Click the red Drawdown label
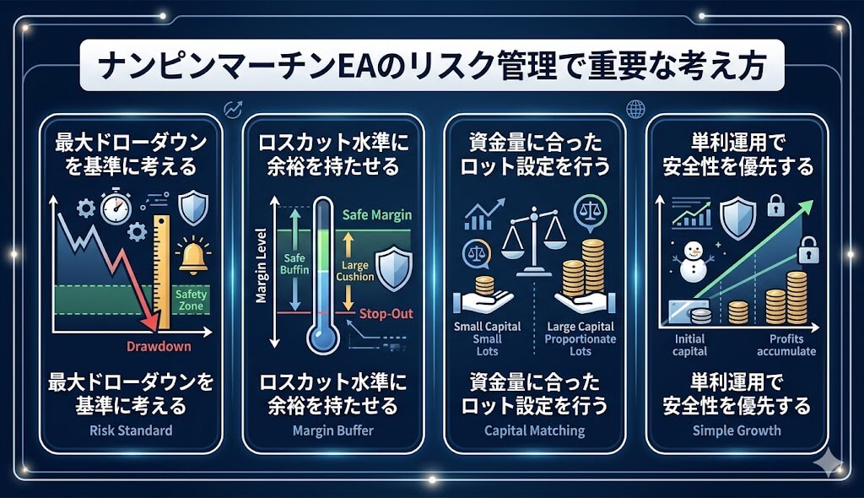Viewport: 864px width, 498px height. click(x=159, y=346)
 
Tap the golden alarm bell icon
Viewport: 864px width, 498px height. click(x=193, y=257)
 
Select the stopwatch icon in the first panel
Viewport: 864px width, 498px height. click(x=116, y=206)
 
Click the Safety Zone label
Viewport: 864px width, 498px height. click(x=191, y=300)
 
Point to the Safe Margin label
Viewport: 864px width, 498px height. click(x=377, y=214)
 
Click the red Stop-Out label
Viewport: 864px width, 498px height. click(x=386, y=314)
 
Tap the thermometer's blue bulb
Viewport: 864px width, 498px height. click(x=323, y=338)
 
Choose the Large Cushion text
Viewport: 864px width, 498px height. click(x=355, y=271)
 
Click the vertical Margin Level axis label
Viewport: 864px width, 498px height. click(x=262, y=265)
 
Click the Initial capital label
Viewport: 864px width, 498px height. click(x=690, y=345)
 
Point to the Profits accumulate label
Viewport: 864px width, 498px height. click(x=786, y=345)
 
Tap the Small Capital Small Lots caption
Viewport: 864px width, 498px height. click(x=487, y=338)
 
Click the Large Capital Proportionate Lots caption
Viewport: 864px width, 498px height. click(x=580, y=338)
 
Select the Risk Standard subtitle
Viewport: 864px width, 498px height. click(x=131, y=430)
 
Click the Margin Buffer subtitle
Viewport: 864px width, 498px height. click(x=332, y=430)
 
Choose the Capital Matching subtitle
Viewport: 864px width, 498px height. click(x=534, y=430)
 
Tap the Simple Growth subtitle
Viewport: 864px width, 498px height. click(x=737, y=430)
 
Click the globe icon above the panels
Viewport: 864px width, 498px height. click(x=635, y=109)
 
